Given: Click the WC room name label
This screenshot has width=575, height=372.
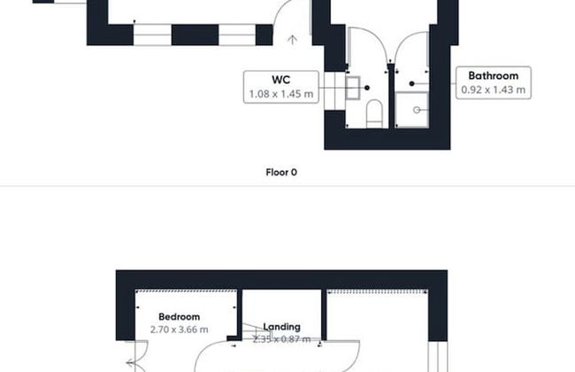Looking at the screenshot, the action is pos(281,80).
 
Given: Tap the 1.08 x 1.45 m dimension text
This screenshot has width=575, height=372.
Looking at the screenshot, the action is pos(281,94).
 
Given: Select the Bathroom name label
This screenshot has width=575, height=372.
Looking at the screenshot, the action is pos(494,75).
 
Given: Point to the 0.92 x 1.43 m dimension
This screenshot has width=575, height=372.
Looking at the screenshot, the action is pos(494,89).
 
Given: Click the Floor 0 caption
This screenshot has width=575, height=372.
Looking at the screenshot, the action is pos(281,172).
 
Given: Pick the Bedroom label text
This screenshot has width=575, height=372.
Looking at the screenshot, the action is pos(180,316).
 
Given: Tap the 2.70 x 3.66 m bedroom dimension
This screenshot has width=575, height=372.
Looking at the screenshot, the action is pos(180,329).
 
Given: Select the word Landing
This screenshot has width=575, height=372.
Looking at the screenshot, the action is pos(281,327).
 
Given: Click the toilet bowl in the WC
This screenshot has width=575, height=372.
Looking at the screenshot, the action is pos(374,113).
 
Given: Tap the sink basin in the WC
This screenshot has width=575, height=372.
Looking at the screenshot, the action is pos(353,89).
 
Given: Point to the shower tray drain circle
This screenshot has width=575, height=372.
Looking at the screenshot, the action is pos(417,110).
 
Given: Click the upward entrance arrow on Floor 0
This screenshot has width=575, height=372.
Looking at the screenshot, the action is pos(292,40).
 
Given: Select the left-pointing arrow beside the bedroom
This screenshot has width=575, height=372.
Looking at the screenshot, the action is pos(131,363).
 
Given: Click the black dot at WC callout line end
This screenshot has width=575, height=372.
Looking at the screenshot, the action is pos(367,88).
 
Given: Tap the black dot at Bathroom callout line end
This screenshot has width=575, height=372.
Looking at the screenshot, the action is pos(412,84).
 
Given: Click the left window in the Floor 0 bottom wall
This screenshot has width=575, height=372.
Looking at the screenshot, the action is pos(152,35).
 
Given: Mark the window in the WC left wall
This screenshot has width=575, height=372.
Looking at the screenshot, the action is pos(334,90).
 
